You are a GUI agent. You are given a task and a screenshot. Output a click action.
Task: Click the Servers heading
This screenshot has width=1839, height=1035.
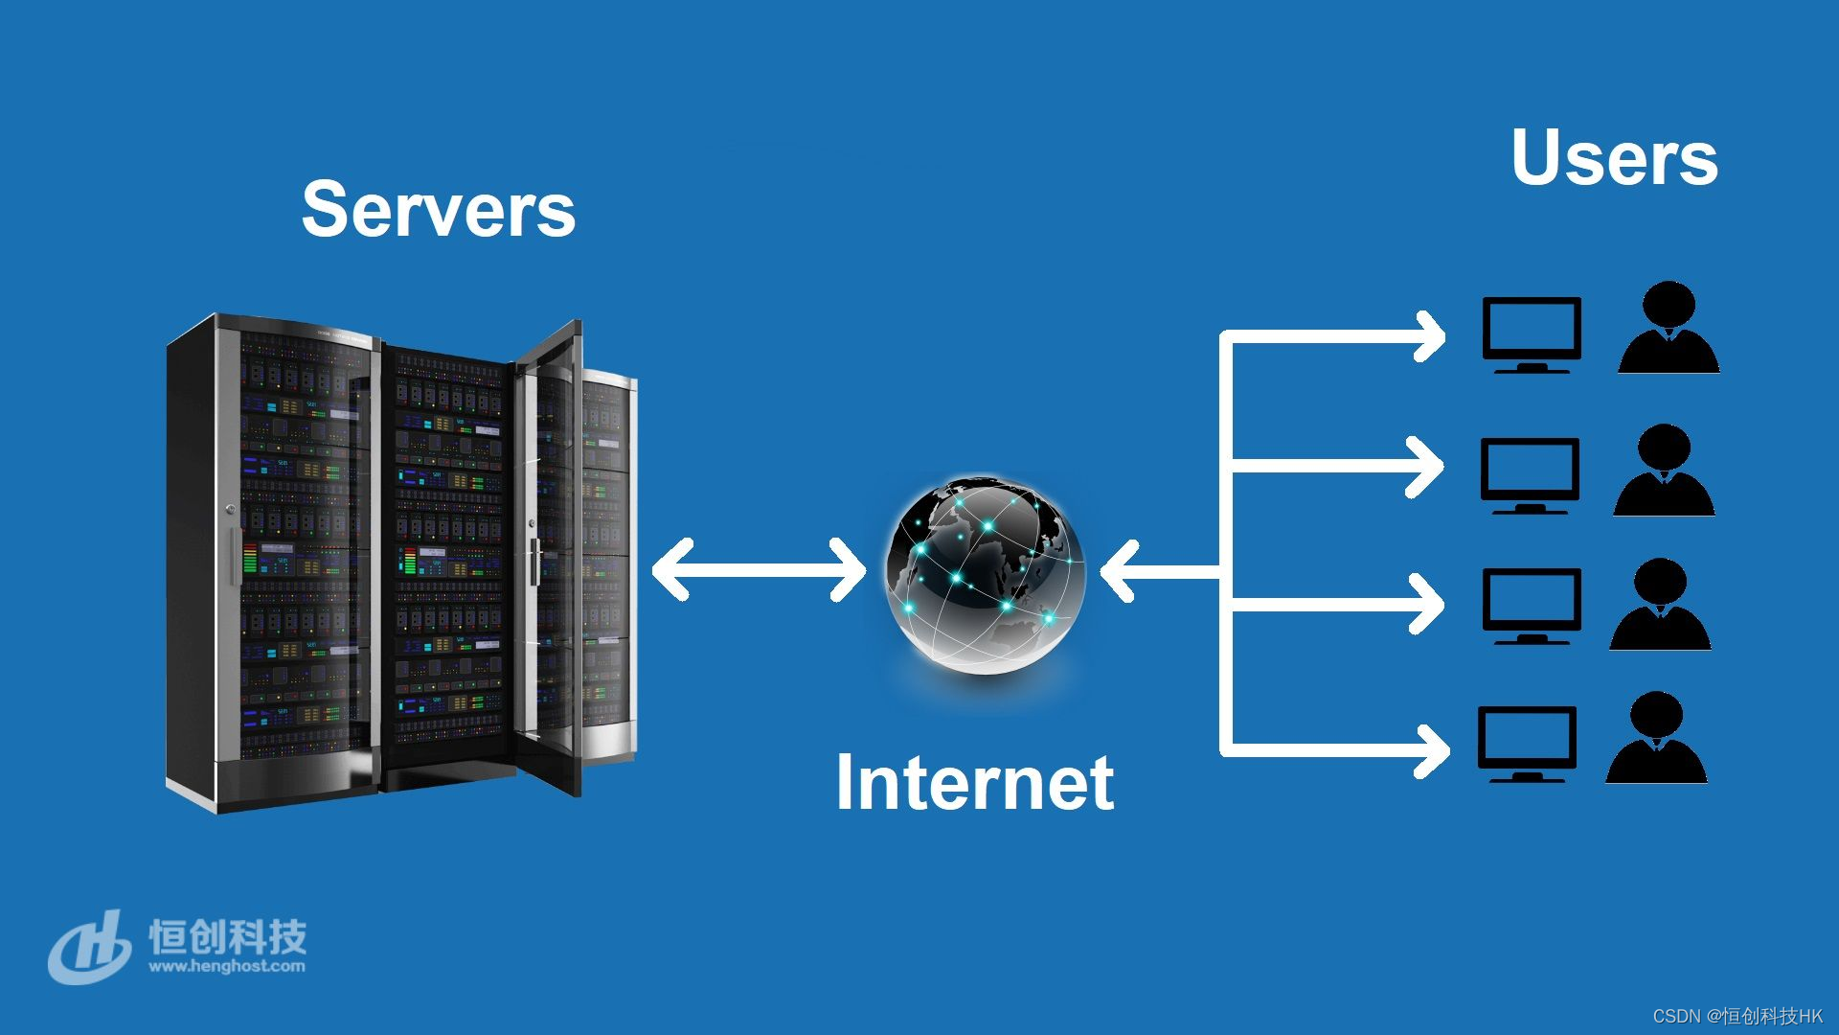[x=439, y=210]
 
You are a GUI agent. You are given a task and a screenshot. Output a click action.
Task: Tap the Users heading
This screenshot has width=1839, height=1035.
[x=1615, y=158]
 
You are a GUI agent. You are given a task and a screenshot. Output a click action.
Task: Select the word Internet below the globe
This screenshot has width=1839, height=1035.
[x=975, y=783]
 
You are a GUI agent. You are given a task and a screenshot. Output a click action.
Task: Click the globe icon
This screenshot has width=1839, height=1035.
[x=985, y=573]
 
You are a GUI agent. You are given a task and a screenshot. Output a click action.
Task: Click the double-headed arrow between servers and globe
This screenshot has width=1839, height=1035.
[x=759, y=570]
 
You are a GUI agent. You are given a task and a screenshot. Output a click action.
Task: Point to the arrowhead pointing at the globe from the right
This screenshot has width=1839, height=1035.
[x=1119, y=571]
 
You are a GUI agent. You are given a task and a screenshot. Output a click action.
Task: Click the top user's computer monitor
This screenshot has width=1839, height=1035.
[x=1531, y=332]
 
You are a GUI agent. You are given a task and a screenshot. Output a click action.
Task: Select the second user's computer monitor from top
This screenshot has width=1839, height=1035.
[x=1530, y=472]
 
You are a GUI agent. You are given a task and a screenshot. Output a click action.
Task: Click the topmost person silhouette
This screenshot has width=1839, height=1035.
[x=1669, y=328]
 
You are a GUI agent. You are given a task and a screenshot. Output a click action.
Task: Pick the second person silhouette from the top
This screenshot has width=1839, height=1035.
[x=1664, y=471]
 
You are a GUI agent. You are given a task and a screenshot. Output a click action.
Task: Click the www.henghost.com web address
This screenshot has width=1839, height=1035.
[x=227, y=966]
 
